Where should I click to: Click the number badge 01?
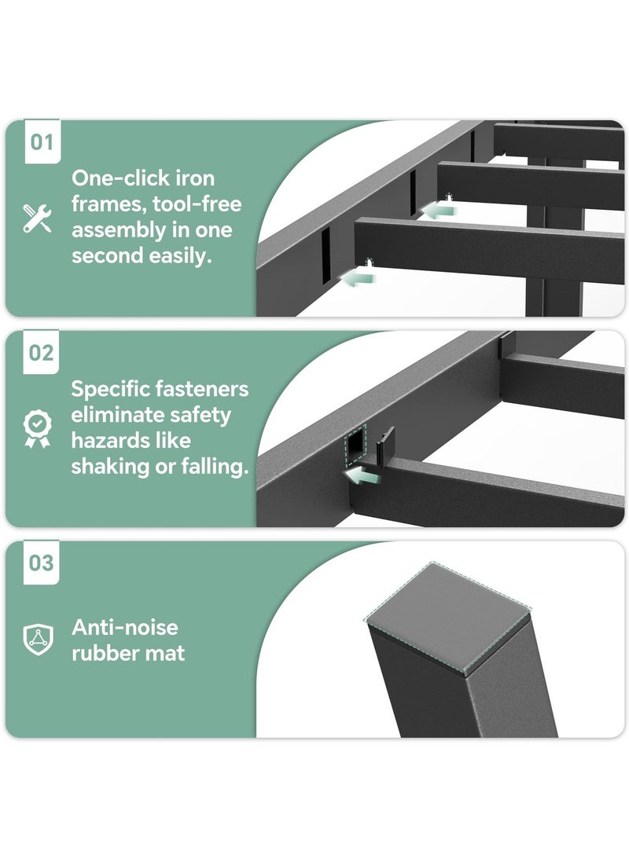(x=42, y=141)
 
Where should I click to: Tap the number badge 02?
(x=41, y=352)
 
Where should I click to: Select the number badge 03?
(x=41, y=563)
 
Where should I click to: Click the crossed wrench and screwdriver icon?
(x=37, y=218)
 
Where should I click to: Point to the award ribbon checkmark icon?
(x=37, y=428)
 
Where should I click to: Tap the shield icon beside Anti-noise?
(x=38, y=639)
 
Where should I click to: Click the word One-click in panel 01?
(x=115, y=178)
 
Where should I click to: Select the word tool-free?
(x=197, y=203)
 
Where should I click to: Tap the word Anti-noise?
(x=125, y=627)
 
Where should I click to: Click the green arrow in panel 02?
(x=362, y=475)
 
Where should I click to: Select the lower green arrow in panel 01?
(x=358, y=278)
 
